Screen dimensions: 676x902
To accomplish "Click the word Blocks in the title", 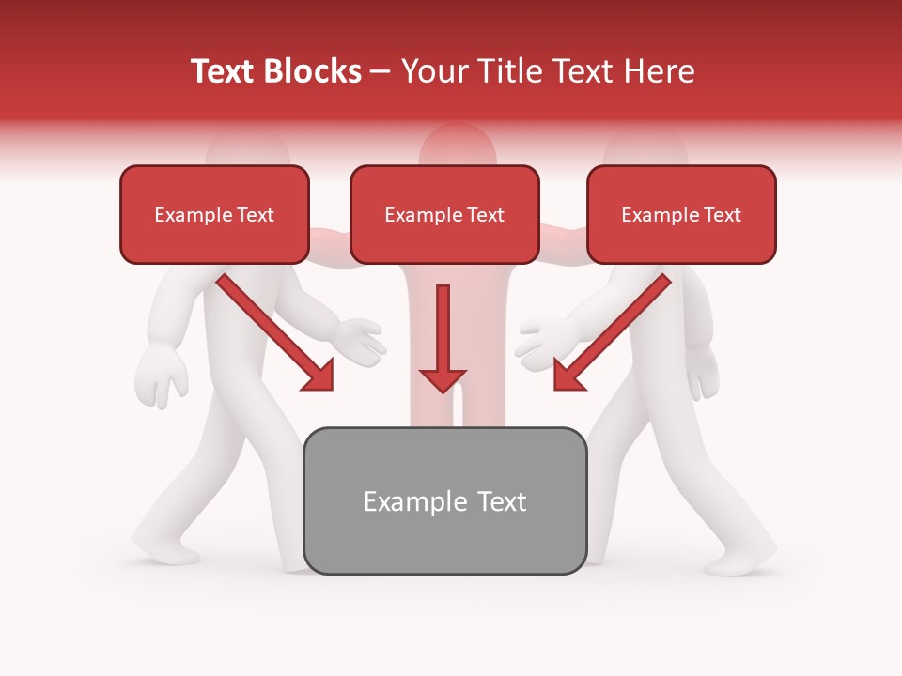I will pyautogui.click(x=315, y=71).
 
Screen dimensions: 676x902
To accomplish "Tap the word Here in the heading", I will pyautogui.click(x=660, y=71).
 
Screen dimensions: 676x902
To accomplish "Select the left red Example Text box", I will pyautogui.click(x=214, y=214).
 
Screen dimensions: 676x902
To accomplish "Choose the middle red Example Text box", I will pyautogui.click(x=444, y=214).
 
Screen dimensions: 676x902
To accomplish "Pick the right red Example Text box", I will pyautogui.click(x=681, y=214).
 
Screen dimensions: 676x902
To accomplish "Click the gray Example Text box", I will pyautogui.click(x=444, y=500).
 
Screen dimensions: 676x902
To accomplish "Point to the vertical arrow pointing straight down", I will pyautogui.click(x=443, y=338).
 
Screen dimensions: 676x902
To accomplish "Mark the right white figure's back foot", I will pyautogui.click(x=742, y=560).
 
